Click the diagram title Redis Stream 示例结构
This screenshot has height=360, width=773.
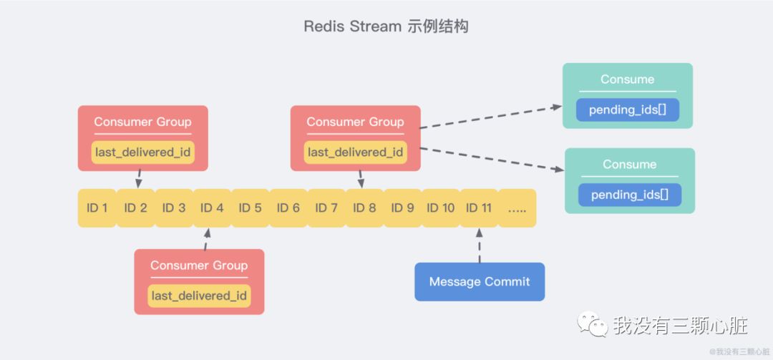pyautogui.click(x=386, y=26)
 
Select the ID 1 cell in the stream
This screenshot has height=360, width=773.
pyautogui.click(x=97, y=208)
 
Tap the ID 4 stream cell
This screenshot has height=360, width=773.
pyautogui.click(x=212, y=208)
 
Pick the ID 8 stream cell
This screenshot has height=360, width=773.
pyautogui.click(x=364, y=208)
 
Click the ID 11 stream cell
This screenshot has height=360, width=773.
pyautogui.click(x=479, y=208)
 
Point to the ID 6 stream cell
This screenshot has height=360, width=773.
pyautogui.click(x=288, y=208)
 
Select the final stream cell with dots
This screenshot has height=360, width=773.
pyautogui.click(x=517, y=208)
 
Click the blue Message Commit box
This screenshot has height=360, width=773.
pyautogui.click(x=480, y=281)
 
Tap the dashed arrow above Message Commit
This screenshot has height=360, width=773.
pyautogui.click(x=480, y=245)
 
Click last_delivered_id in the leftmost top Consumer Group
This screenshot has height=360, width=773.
pyautogui.click(x=143, y=152)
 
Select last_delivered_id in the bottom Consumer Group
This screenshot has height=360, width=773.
pyautogui.click(x=199, y=296)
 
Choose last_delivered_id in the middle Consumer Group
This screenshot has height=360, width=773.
pyautogui.click(x=356, y=152)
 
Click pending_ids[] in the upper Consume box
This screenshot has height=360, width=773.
pyautogui.click(x=628, y=110)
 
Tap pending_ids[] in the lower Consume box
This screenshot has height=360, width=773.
pyautogui.click(x=630, y=195)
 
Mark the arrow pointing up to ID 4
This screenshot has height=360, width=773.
pyautogui.click(x=207, y=238)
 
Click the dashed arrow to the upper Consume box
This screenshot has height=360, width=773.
pyautogui.click(x=490, y=117)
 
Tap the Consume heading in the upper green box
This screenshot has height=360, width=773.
pyautogui.click(x=628, y=79)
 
